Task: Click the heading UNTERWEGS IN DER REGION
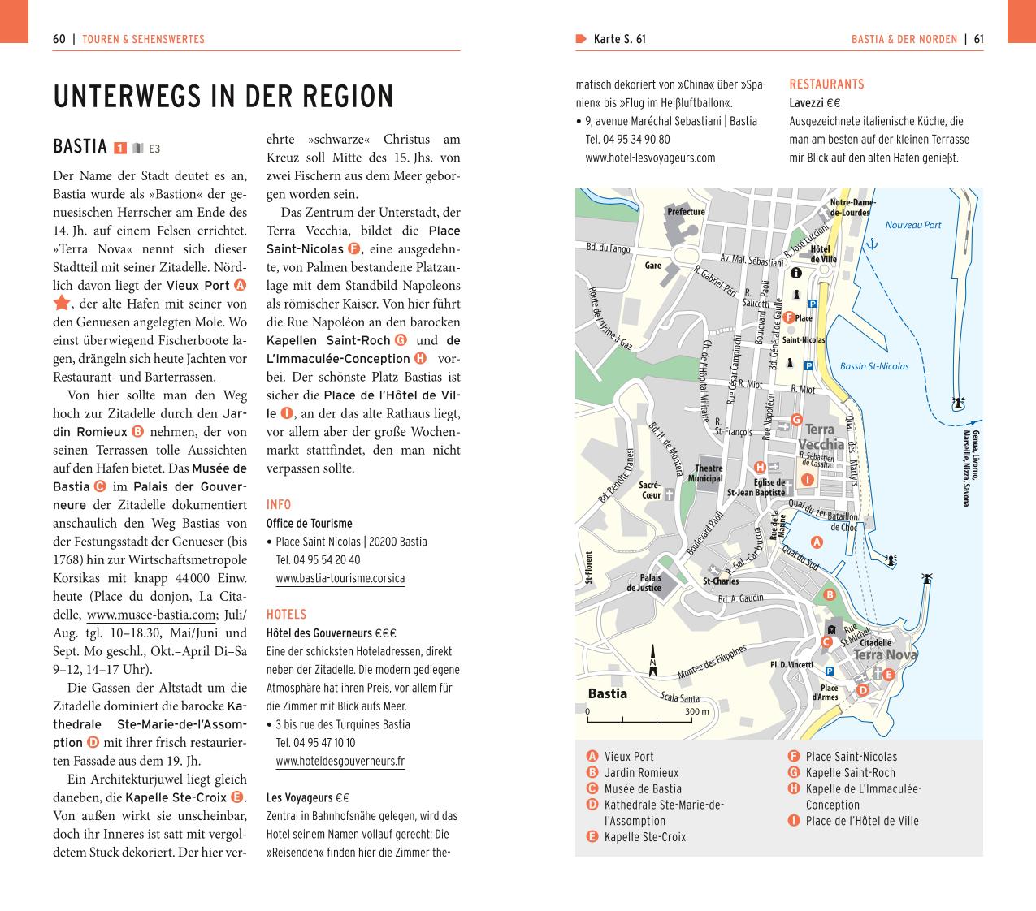pos(223,97)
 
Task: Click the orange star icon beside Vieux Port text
pos(62,304)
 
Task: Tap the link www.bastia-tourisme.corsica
pos(340,578)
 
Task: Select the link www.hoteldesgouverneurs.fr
pos(340,761)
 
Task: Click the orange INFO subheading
pos(279,504)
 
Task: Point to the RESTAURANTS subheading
pos(826,84)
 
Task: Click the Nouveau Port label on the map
pos(912,225)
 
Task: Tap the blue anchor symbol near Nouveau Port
pos(873,244)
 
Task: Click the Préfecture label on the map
pos(686,212)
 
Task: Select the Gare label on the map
pos(652,266)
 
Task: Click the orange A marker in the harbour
pos(817,542)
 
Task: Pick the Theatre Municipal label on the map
pos(708,473)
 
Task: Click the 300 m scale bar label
pos(696,711)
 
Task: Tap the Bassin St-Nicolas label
pos(873,366)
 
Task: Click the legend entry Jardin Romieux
pos(641,772)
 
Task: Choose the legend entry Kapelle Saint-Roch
pos(850,772)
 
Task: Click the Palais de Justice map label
pos(644,583)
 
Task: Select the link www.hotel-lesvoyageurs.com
pos(650,158)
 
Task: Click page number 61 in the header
pos(978,39)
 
